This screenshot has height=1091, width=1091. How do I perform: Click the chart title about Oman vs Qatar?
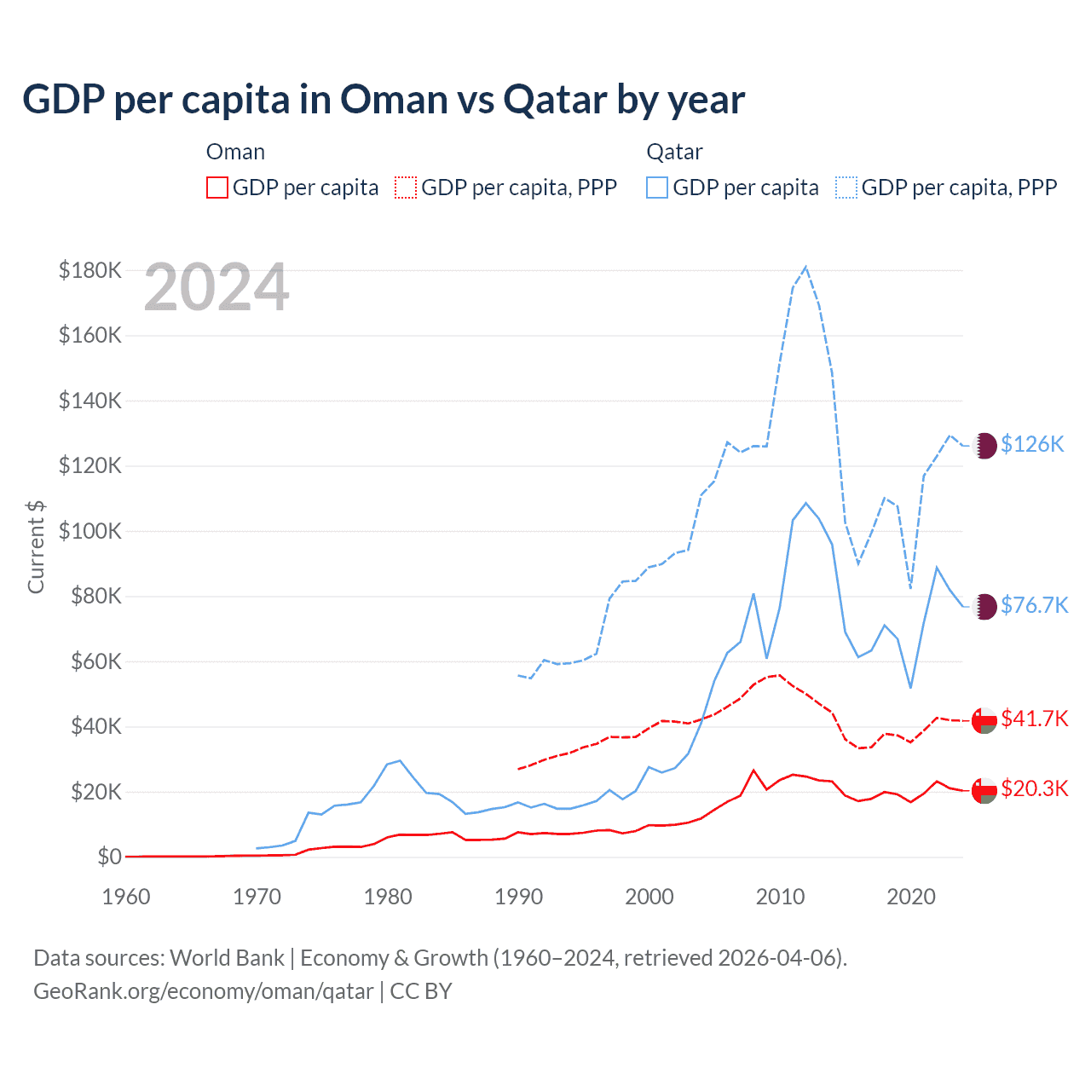coord(384,100)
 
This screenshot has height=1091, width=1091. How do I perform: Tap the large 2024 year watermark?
coord(216,287)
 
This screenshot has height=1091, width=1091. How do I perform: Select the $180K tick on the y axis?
coord(90,270)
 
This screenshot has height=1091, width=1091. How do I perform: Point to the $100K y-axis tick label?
coord(90,531)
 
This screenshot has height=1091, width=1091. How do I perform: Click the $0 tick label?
coord(109,857)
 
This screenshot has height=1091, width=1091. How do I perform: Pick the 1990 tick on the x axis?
coord(518,897)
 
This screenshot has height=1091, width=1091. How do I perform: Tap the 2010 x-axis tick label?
coord(780,897)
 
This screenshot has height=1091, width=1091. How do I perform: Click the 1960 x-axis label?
coord(126,897)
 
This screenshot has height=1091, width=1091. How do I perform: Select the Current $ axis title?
coord(36,546)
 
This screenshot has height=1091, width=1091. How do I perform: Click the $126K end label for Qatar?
coord(1032,444)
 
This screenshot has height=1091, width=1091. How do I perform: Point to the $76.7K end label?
coord(1034,605)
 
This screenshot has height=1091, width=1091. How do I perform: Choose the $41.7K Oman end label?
coord(1034,719)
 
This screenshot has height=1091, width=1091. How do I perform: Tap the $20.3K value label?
coord(1034,788)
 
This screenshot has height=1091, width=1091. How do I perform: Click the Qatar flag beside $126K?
coord(984,445)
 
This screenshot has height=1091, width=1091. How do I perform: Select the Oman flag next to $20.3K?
coord(984,789)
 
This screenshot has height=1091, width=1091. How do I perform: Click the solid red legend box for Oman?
coord(217,188)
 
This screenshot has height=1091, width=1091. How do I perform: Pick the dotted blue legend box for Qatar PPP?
coord(846,188)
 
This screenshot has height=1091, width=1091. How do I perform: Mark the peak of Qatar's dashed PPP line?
coord(805,267)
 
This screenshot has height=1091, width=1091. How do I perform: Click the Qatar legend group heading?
coord(674,152)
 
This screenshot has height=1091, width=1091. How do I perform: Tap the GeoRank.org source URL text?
coord(203,991)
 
